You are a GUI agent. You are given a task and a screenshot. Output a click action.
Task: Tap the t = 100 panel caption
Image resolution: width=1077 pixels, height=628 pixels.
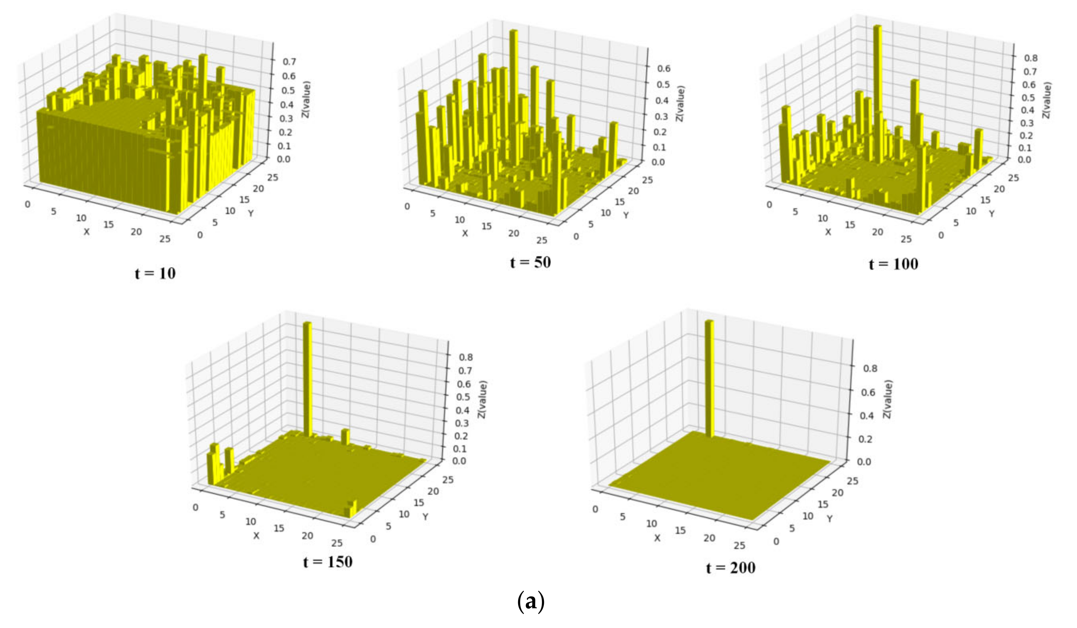coord(893,264)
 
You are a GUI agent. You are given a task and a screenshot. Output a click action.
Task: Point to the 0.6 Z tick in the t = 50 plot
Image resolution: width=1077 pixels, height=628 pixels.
coord(664,68)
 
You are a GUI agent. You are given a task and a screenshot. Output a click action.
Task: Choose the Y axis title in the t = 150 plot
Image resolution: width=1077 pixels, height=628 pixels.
coord(425,517)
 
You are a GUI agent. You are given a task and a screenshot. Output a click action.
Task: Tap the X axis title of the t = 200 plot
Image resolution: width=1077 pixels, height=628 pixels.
coord(657,538)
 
